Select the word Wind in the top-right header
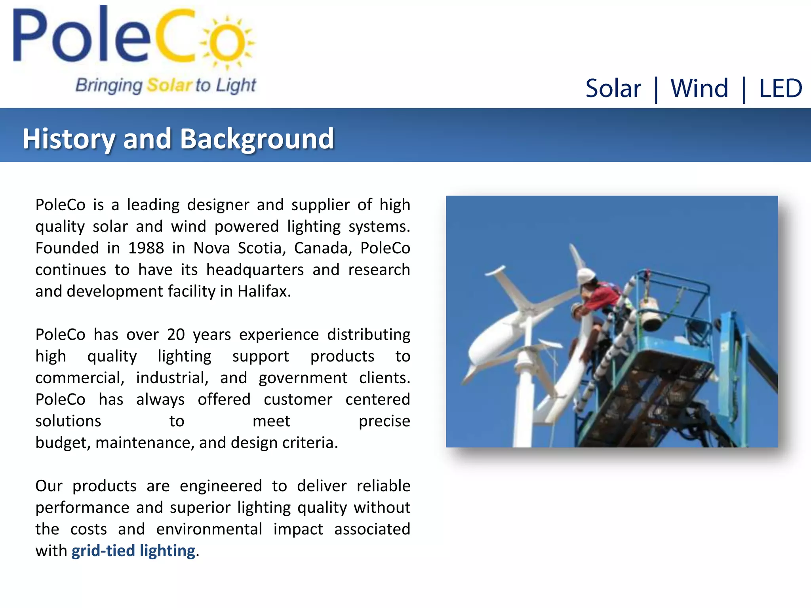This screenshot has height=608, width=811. point(699,88)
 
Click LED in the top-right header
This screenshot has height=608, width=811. point(780,88)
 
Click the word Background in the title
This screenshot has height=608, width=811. point(257,139)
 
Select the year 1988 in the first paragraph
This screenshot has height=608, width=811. point(146,248)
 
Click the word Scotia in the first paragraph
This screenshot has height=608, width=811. point(262,248)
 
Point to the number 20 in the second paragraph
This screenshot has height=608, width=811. point(176,334)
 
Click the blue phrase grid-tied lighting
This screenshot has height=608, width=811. point(133,551)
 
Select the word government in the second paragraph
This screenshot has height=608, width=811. point(303,378)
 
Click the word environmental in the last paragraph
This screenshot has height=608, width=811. point(209,529)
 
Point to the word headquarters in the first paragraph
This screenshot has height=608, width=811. point(255,270)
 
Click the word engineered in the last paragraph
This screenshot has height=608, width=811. point(221,486)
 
